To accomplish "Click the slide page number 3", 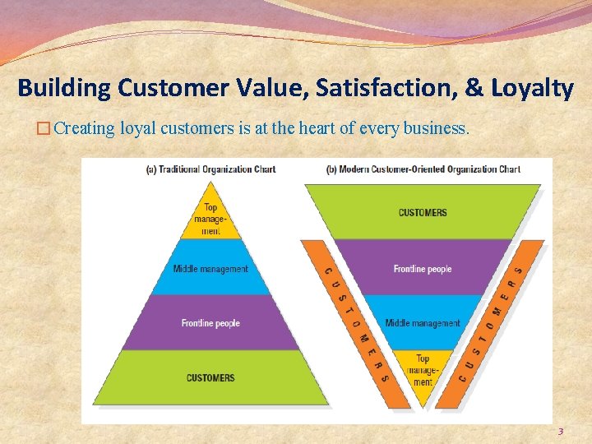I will coord(561,431).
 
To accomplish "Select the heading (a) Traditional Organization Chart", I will coord(210,169).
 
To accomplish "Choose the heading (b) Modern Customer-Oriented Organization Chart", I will coord(423,169).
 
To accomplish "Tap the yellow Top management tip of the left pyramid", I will coord(210,219).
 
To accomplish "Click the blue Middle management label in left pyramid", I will coord(210,269).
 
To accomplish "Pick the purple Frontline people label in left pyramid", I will coord(210,323).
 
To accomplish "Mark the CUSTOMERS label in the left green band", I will coord(210,378).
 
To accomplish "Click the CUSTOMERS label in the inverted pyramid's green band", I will coord(423,212).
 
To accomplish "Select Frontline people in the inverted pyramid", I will coord(423,269).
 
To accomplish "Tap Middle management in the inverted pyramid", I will coord(423,323).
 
